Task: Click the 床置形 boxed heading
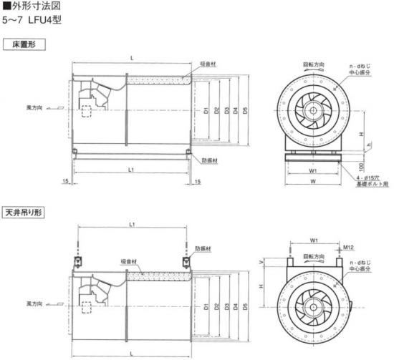[x=24, y=44]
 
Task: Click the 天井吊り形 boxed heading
[x=24, y=213]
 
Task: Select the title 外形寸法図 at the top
[x=37, y=6]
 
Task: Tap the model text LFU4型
[x=44, y=20]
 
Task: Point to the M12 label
[x=348, y=248]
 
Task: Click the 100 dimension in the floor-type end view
[x=361, y=166]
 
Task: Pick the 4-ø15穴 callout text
[x=367, y=178]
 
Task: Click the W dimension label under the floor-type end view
[x=313, y=181]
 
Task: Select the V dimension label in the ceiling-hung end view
[x=261, y=262]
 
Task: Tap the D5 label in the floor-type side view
[x=245, y=110]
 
